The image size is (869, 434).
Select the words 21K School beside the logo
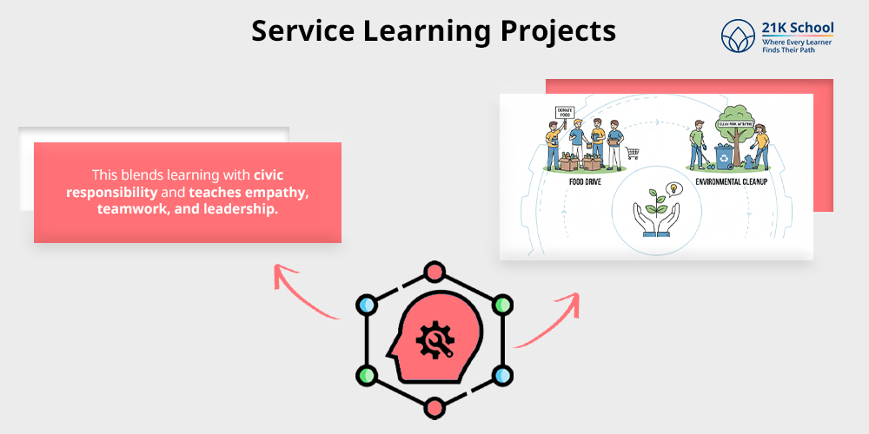798,28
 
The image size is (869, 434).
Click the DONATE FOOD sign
565,113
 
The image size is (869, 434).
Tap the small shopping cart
633,154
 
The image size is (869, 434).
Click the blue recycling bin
723,156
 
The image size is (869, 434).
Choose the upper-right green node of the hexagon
500,306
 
